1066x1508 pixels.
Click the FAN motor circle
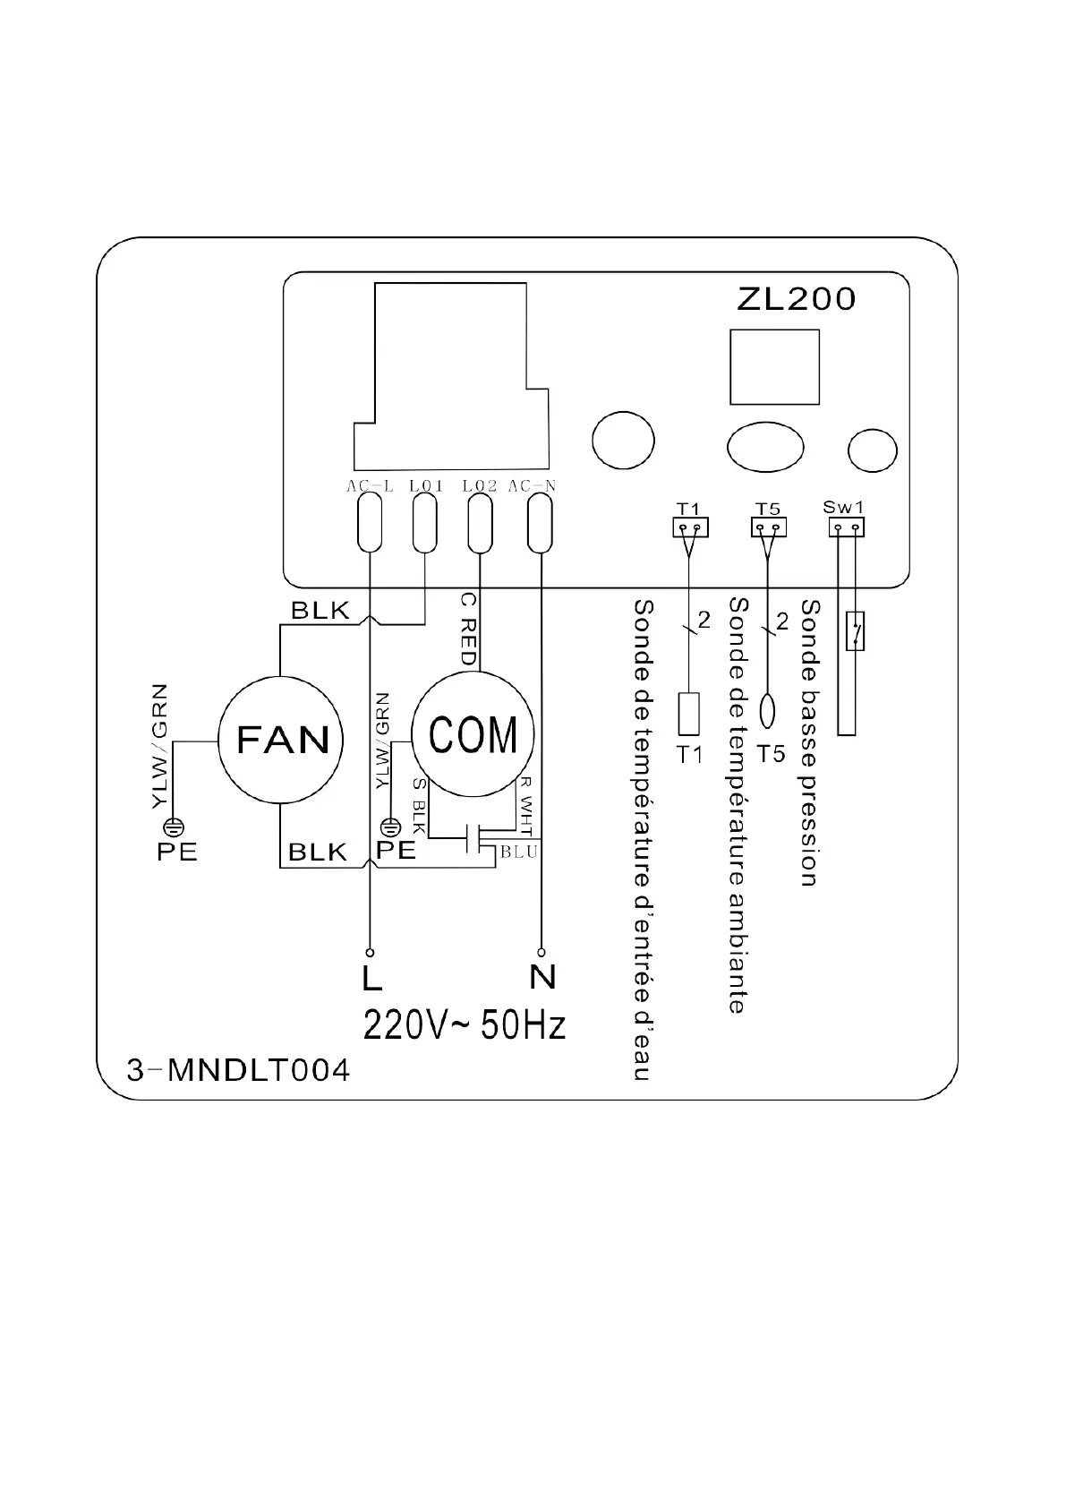click(282, 740)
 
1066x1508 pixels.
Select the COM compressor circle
click(473, 734)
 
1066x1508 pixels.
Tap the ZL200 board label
click(796, 299)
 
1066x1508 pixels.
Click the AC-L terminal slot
click(369, 524)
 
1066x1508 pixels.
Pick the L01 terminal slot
click(424, 524)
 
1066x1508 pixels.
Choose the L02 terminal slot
click(480, 524)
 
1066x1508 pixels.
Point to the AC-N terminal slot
click(539, 524)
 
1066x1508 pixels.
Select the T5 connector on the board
click(767, 527)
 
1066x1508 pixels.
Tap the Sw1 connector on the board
click(846, 527)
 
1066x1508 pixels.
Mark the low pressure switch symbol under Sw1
click(856, 630)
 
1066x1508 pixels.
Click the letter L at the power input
click(371, 978)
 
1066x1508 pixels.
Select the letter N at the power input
click(542, 977)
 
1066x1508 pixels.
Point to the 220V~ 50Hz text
click(464, 1024)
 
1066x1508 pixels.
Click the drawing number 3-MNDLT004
click(238, 1070)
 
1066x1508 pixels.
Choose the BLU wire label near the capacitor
click(519, 852)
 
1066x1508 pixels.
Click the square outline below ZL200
click(774, 367)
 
